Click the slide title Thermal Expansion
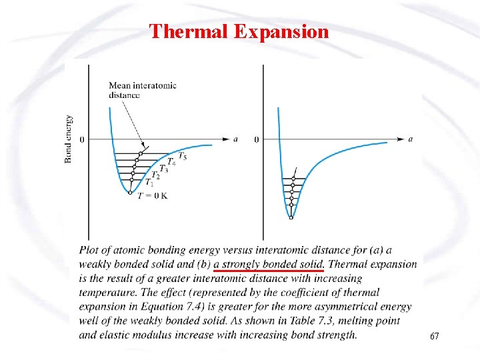point(239,31)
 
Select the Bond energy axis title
point(68,139)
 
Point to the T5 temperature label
point(182,157)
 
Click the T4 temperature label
point(171,162)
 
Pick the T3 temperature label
point(163,169)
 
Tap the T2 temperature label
point(155,175)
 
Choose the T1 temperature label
point(149,183)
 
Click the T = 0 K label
point(152,195)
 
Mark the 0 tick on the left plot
point(82,139)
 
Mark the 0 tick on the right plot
point(256,139)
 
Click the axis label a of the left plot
point(235,139)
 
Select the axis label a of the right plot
point(410,139)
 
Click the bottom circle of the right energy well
point(291,217)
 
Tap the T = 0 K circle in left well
point(130,193)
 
